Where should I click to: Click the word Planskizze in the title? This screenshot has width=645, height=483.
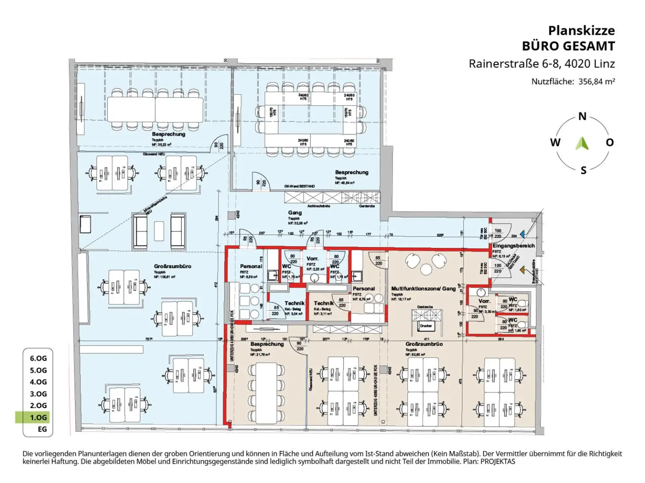point(581,31)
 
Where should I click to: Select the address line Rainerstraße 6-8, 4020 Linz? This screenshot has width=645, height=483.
point(542,64)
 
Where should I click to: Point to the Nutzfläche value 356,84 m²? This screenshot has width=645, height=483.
point(596,82)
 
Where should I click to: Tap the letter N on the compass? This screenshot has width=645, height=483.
point(582,117)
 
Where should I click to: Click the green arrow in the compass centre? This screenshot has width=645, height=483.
point(582,143)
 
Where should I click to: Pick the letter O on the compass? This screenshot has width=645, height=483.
point(610,143)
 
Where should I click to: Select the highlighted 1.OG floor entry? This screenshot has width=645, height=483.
point(38,417)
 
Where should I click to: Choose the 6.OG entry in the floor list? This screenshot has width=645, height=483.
point(38,358)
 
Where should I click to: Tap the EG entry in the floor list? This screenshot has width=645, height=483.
point(42,429)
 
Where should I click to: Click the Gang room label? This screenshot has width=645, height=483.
point(295,213)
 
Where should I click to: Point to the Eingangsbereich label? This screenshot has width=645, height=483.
point(514,246)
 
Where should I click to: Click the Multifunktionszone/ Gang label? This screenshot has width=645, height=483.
point(423,288)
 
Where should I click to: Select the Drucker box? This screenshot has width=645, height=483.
point(426,326)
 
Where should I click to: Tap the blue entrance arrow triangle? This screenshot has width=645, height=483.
point(522,234)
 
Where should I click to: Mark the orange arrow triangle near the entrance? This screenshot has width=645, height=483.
point(522,270)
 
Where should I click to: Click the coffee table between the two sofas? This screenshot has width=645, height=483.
point(159,231)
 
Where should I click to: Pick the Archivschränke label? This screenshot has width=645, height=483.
point(319,206)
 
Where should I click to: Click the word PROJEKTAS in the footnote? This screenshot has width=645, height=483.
point(498,462)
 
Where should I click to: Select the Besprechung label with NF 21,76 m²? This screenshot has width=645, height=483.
point(267,344)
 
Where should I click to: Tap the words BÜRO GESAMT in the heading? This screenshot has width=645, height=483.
point(568,46)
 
